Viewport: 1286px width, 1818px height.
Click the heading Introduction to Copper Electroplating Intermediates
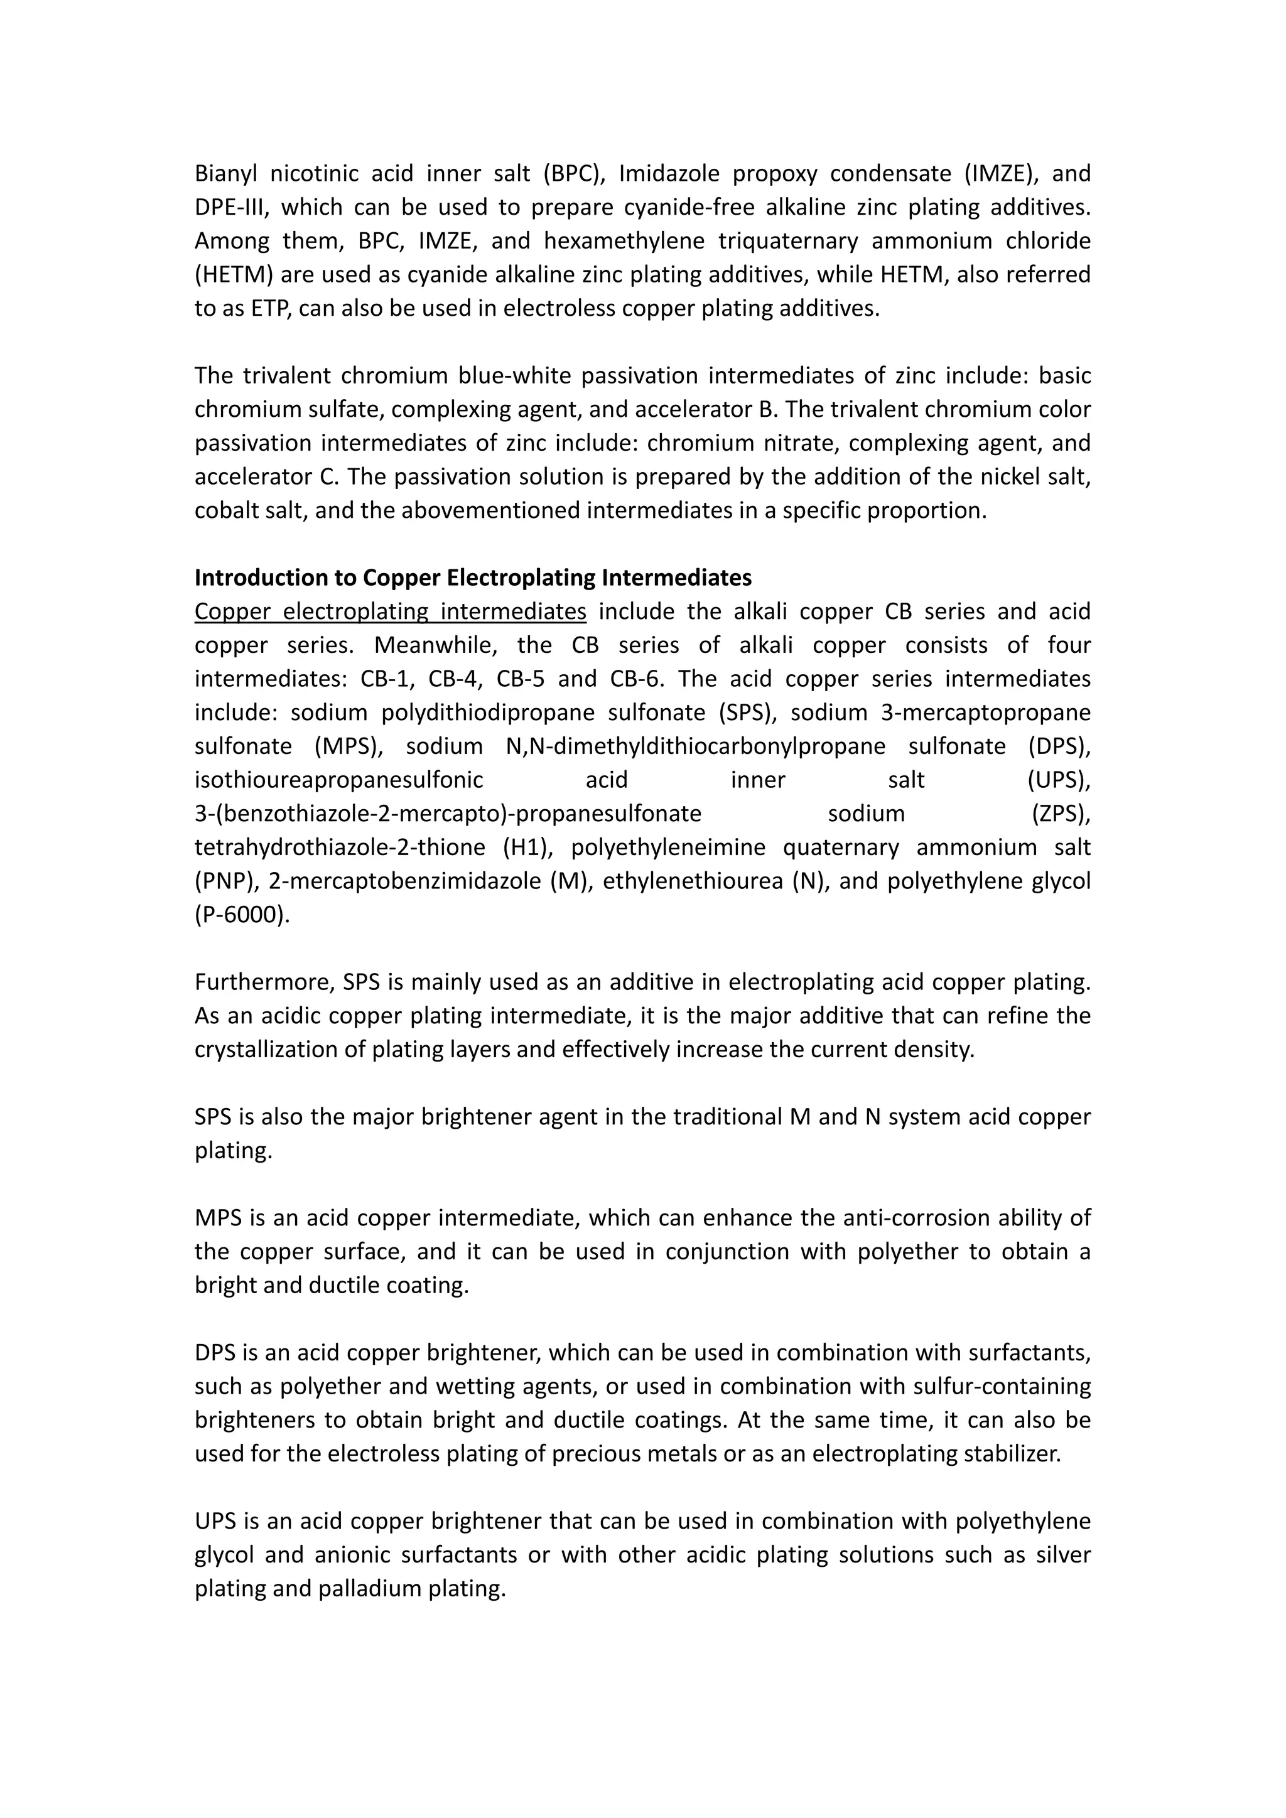(x=473, y=578)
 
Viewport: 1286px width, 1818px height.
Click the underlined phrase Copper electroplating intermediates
(x=391, y=611)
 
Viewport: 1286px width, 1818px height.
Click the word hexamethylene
(x=624, y=240)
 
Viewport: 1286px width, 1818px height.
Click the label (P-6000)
(x=242, y=915)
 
